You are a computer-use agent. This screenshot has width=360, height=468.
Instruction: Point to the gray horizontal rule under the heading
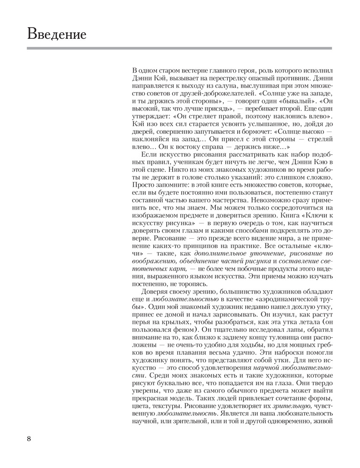[x=179, y=48]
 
